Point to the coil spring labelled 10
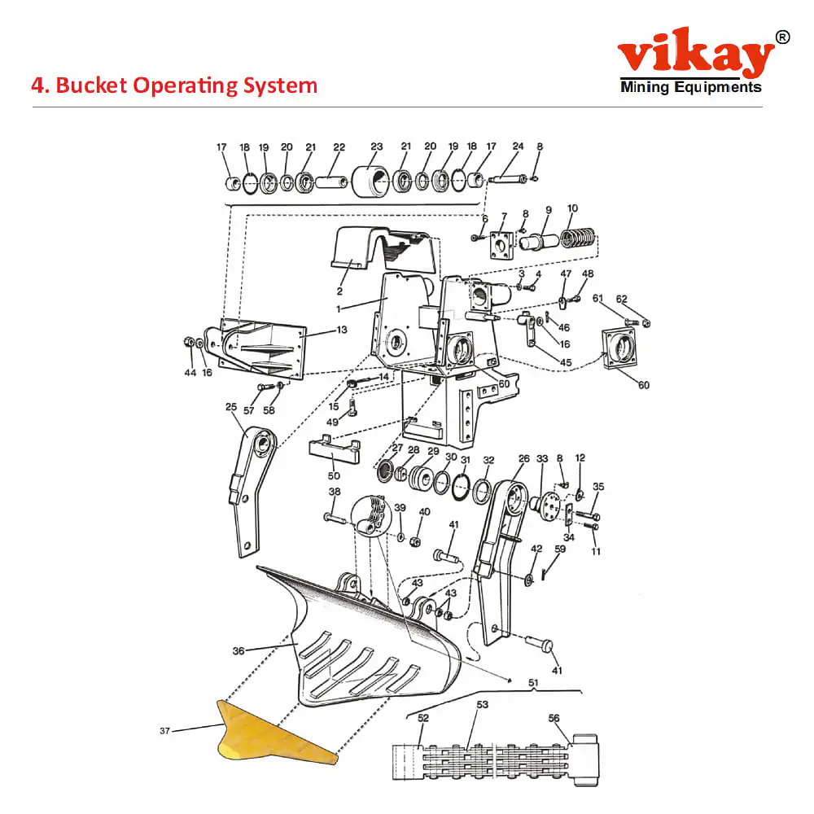tap(580, 239)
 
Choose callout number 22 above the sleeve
tap(339, 147)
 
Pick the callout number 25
tap(231, 406)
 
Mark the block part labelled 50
tap(336, 450)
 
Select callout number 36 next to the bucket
tap(239, 650)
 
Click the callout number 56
tap(554, 718)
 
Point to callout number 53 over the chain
tap(482, 704)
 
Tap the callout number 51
tap(533, 682)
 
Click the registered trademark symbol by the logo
tap(782, 37)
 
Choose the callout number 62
tap(644, 299)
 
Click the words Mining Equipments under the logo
tap(690, 87)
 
